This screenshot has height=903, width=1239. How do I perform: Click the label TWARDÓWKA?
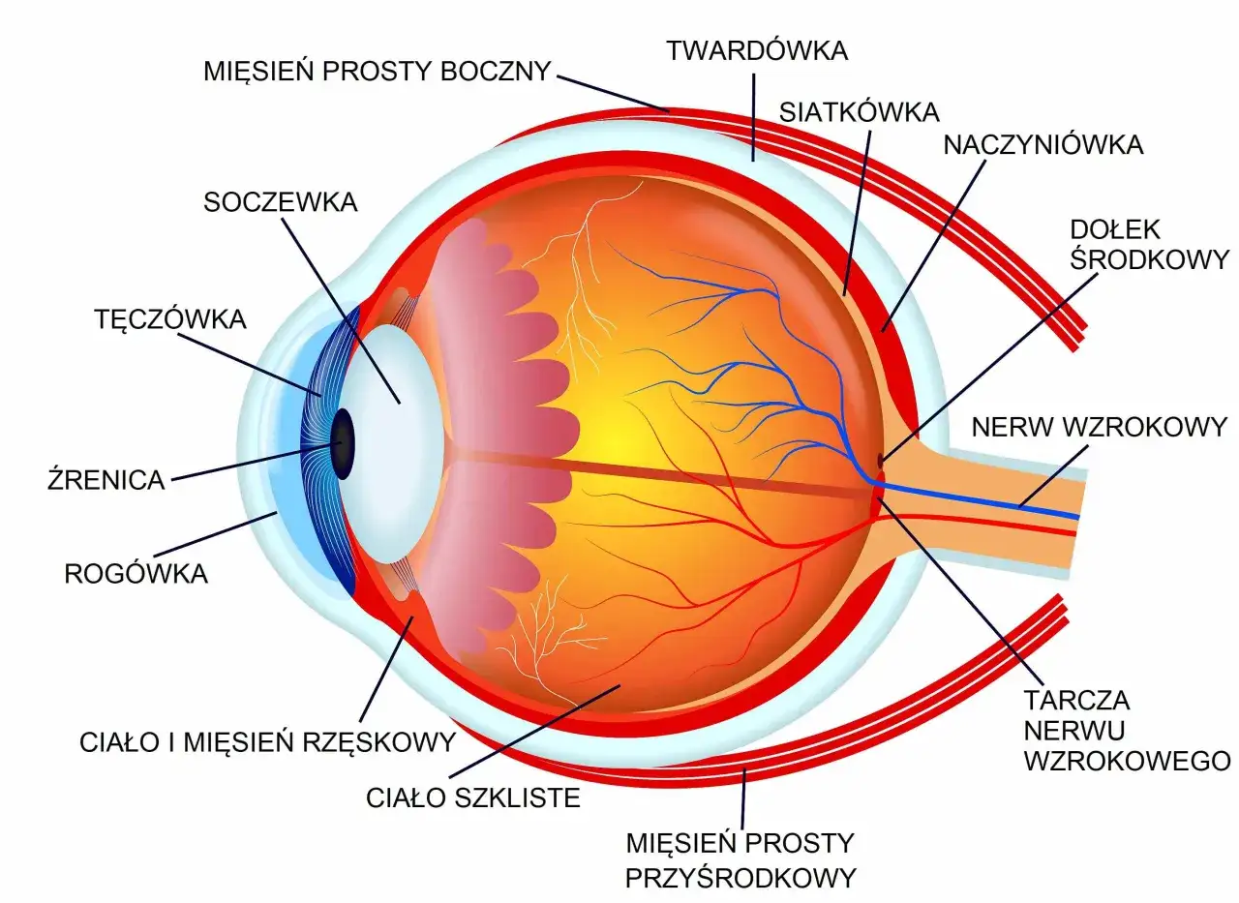(x=757, y=51)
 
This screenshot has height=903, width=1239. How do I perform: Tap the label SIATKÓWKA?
(x=859, y=113)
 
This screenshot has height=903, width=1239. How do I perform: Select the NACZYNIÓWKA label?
(x=1043, y=145)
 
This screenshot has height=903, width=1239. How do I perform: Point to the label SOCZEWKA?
(x=281, y=202)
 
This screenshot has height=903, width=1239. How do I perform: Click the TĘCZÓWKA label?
(x=170, y=319)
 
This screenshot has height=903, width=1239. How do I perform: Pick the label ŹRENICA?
(x=106, y=479)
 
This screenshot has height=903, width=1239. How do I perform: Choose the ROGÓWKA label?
(x=136, y=573)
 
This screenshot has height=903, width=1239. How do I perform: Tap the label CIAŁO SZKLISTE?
(x=473, y=798)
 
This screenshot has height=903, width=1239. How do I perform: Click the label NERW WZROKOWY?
(x=1100, y=427)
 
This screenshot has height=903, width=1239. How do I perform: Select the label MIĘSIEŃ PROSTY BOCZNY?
(x=378, y=71)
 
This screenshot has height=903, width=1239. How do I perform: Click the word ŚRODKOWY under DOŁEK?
(x=1149, y=259)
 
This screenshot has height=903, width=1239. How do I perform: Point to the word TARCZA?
(x=1076, y=701)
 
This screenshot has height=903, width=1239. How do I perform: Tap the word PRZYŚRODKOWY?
(x=740, y=878)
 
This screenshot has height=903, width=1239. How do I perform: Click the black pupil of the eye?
(x=343, y=443)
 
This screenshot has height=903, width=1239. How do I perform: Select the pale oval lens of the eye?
(x=390, y=443)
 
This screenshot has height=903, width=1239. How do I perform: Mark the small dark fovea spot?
(x=880, y=460)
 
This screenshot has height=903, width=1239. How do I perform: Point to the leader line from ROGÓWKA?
(x=215, y=534)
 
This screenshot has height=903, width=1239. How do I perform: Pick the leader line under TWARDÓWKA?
(x=753, y=117)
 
